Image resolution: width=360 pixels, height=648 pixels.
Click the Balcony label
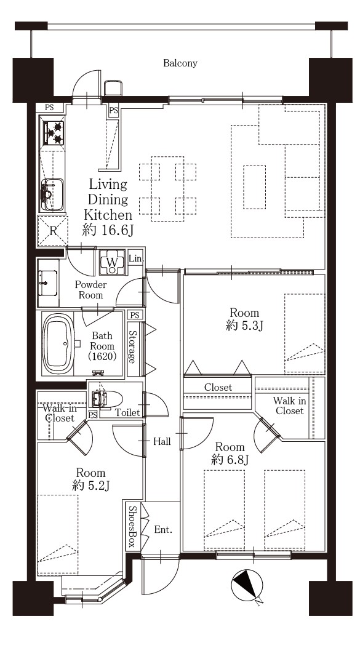(x=180, y=63)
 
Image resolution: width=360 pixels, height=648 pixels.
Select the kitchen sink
(x=52, y=194)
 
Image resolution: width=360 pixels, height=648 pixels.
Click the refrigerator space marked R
(x=52, y=231)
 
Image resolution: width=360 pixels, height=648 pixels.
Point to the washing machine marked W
(x=112, y=262)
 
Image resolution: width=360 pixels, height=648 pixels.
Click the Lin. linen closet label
(x=136, y=259)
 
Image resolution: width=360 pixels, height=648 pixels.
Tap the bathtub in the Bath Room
(x=58, y=343)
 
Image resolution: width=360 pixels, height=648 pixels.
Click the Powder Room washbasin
(x=48, y=283)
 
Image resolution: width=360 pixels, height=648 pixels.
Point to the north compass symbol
(x=247, y=585)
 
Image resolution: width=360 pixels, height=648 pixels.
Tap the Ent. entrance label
(x=163, y=529)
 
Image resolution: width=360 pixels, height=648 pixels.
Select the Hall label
(x=162, y=441)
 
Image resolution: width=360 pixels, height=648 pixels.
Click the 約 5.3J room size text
(x=245, y=326)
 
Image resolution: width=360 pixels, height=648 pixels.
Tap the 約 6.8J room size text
(x=230, y=460)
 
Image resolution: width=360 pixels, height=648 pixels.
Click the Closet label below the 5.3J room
(x=218, y=388)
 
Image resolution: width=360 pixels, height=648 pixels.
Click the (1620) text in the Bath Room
(x=102, y=356)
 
